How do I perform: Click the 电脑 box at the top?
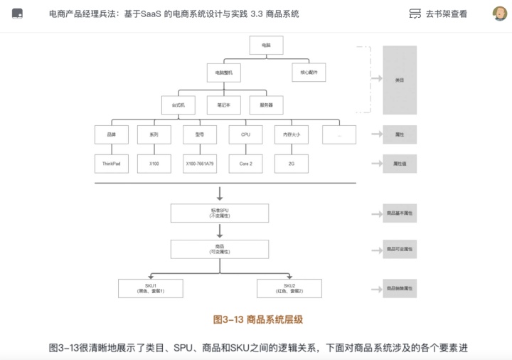coord(266,45)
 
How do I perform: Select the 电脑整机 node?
coord(224,73)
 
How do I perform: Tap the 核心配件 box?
coord(308,73)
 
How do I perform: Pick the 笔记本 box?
coord(224,105)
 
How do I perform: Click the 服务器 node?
coord(266,105)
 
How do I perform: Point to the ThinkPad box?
coord(112,163)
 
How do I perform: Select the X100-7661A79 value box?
coord(199,163)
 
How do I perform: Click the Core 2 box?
coord(245,163)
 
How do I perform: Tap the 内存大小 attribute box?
coord(291,134)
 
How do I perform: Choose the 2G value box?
coord(291,163)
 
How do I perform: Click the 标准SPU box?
coord(220,213)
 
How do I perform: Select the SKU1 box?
coord(151,288)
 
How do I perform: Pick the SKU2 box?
coord(289,288)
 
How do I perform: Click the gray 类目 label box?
coord(400,80)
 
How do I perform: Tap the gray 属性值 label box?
coord(400,164)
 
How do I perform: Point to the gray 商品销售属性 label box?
coord(400,288)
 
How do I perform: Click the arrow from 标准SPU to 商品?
coord(220,231)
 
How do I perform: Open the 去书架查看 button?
coord(439,14)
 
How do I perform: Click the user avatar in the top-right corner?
coord(500,14)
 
